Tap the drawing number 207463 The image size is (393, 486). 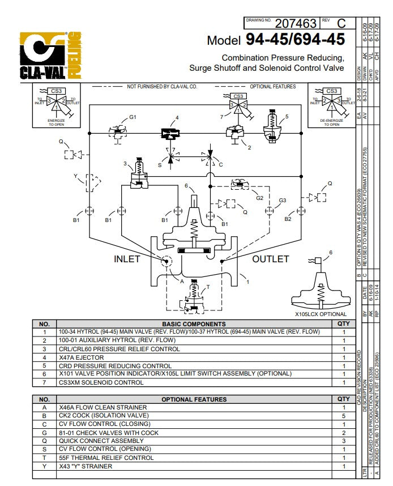pyautogui.click(x=295, y=23)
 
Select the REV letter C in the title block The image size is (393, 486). pyautogui.click(x=341, y=23)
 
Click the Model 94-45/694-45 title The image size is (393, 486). pyautogui.click(x=275, y=40)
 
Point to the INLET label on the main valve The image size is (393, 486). pyautogui.click(x=127, y=259)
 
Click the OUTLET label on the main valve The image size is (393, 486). pyautogui.click(x=270, y=259)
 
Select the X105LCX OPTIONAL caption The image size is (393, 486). pyautogui.click(x=321, y=314)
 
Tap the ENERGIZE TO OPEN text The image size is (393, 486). pyautogui.click(x=56, y=122)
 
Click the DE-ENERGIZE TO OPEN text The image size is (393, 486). pyautogui.click(x=331, y=122)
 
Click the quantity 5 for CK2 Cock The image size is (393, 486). pyautogui.click(x=343, y=416)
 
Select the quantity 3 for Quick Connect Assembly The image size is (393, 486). pyautogui.click(x=343, y=441)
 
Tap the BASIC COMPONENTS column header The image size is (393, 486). pyautogui.click(x=194, y=324)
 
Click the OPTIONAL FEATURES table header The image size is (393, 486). pyautogui.click(x=194, y=399)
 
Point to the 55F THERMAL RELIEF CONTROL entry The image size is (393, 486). pyautogui.click(x=106, y=458)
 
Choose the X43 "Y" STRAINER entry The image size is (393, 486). pyautogui.click(x=86, y=466)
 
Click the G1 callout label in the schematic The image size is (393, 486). pyautogui.click(x=133, y=117)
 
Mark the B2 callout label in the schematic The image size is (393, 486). pyautogui.click(x=288, y=219)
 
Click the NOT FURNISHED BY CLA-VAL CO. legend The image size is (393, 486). pyautogui.click(x=161, y=87)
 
